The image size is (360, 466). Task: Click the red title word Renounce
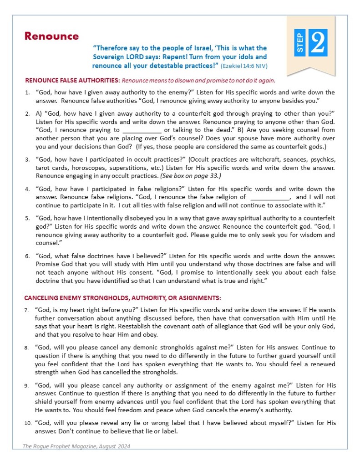(51, 36)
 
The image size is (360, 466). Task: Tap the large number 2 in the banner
(317, 43)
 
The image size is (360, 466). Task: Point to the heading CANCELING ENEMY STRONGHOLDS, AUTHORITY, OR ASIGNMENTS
(122, 298)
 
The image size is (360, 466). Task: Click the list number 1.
(27, 92)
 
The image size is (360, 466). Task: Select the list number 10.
(28, 423)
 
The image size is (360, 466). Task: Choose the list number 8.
(27, 348)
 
